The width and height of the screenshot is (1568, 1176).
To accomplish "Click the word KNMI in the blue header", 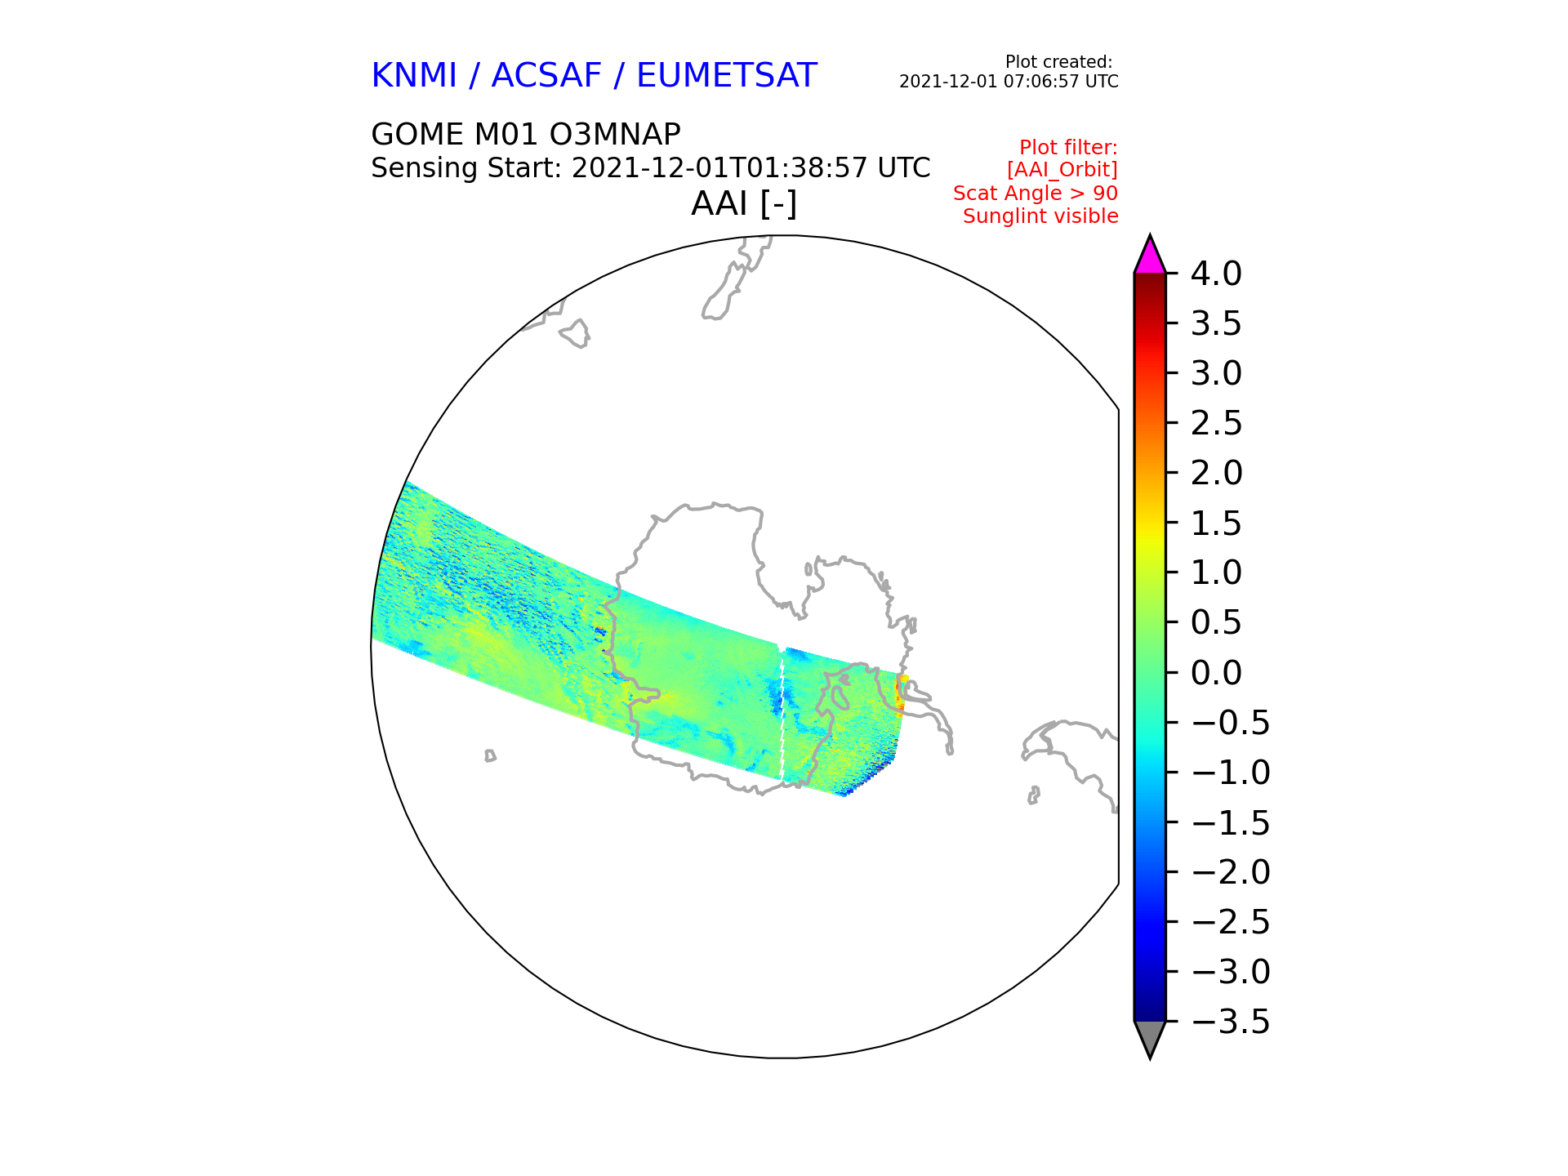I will click(x=413, y=76).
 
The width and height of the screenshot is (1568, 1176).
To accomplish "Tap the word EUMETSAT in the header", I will click(x=726, y=76).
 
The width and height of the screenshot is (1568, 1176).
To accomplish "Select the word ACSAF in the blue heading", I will click(x=546, y=76).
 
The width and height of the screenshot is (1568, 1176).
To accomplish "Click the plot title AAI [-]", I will click(x=743, y=203).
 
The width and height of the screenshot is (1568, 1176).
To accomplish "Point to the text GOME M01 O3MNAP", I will click(x=525, y=135).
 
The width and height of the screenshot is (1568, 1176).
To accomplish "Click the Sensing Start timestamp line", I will click(x=650, y=168).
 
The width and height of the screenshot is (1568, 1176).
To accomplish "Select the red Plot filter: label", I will click(x=1067, y=148).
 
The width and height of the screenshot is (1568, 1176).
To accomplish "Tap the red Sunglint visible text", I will click(x=1040, y=216).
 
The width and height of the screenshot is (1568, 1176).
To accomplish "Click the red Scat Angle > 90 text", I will click(x=1035, y=194).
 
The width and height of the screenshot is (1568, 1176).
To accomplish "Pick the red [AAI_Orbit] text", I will click(x=1062, y=170).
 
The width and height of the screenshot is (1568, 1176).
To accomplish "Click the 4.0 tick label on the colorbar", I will click(x=1215, y=274).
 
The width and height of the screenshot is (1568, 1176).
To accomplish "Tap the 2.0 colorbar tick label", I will click(x=1215, y=474).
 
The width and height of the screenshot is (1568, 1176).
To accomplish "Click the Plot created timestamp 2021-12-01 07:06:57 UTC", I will click(x=1009, y=82).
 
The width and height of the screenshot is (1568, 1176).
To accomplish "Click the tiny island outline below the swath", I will click(x=490, y=756).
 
